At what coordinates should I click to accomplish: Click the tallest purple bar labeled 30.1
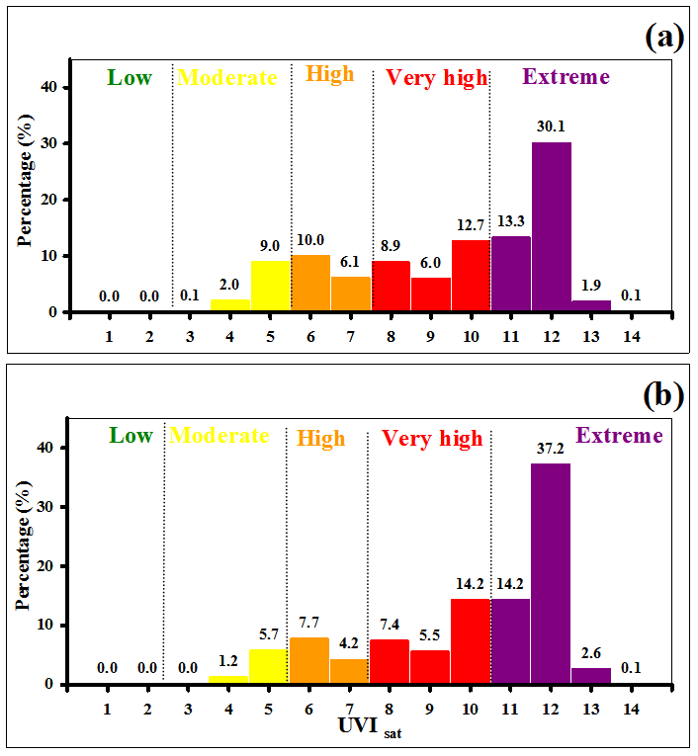pyautogui.click(x=551, y=227)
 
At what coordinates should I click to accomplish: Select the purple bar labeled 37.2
pyautogui.click(x=550, y=573)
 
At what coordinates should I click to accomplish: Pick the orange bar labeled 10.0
pyautogui.click(x=309, y=284)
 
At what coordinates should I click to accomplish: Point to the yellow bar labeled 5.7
pyautogui.click(x=268, y=667)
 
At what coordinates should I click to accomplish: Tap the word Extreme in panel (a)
pyautogui.click(x=567, y=77)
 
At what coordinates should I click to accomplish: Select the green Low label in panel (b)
pyautogui.click(x=131, y=436)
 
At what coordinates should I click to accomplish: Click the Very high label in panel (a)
pyautogui.click(x=436, y=78)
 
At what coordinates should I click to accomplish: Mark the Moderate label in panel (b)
pyautogui.click(x=219, y=436)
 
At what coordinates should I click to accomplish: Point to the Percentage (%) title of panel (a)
pyautogui.click(x=27, y=183)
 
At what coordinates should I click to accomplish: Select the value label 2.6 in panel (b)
pyautogui.click(x=590, y=652)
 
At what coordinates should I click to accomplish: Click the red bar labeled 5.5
pyautogui.click(x=430, y=667)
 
